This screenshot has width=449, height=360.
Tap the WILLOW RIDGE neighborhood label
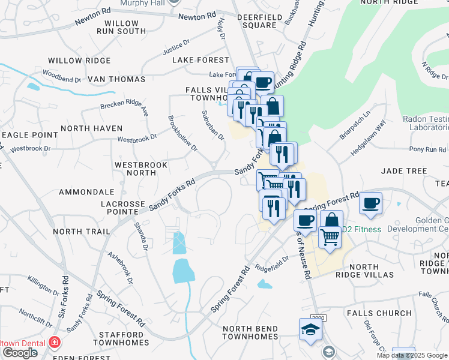coord(79,61)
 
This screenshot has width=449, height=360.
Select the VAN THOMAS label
coord(116,79)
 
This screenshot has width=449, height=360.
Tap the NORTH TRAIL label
coord(82,231)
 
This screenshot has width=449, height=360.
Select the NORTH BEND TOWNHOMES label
coord(250,334)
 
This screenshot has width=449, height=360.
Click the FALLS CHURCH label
coord(378,313)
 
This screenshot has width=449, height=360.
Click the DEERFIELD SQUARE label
coord(257,22)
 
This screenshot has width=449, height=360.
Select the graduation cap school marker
coord(310,329)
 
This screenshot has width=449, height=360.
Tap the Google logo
coord(20,352)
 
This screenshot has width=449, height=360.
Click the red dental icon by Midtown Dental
coord(55,343)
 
